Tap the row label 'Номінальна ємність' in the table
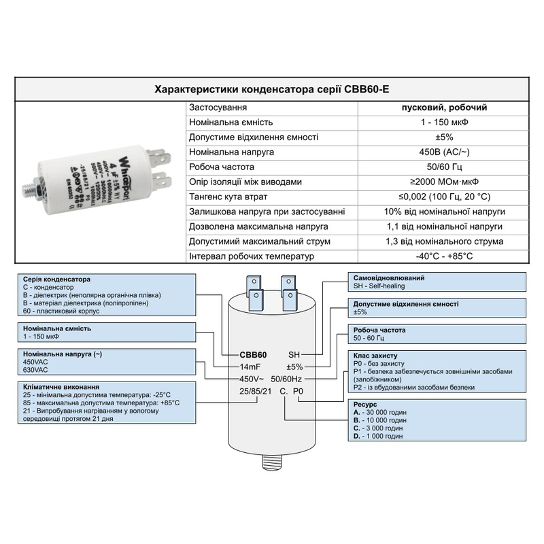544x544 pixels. tap(231, 122)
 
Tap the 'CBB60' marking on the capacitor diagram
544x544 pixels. tap(253, 355)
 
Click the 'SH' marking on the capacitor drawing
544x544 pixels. tap(294, 355)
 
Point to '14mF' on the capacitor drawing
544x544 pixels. tap(251, 367)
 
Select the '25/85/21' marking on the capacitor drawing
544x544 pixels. tap(255, 391)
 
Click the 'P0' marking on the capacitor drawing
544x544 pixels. tap(297, 391)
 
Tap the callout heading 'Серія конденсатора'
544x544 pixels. tap(56, 279)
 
